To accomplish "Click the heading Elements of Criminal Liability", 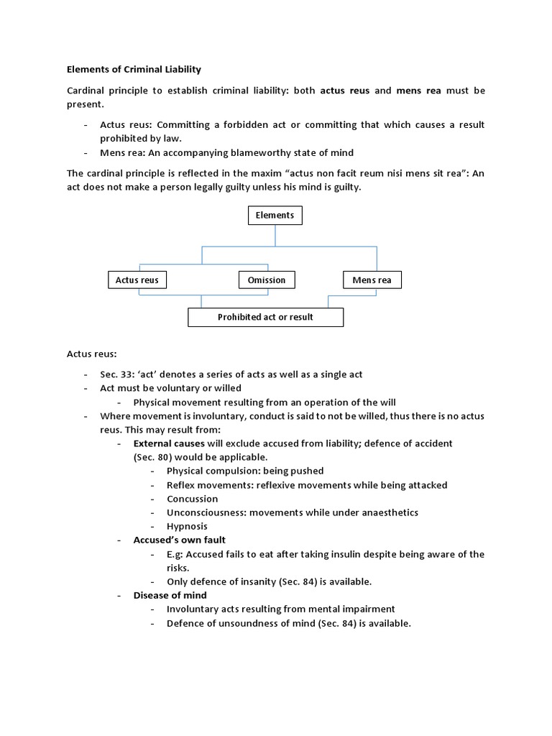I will pos(134,70).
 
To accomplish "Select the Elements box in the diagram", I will pos(275,215).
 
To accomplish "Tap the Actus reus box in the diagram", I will pos(137,280).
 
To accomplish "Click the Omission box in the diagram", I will pos(266,280).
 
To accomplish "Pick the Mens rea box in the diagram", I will pos(372,280).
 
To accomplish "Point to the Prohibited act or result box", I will pos(265,317).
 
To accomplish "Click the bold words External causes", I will pos(169,443).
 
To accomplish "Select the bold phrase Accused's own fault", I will pos(179,540).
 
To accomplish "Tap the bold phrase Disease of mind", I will pos(170,595).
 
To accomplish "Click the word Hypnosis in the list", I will pos(187,526).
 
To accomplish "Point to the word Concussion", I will pos(192,499).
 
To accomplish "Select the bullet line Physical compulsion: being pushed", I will pos(245,471).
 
